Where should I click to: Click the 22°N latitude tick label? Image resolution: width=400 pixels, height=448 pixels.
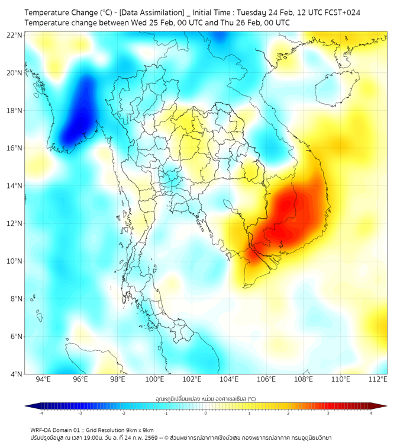click(15, 35)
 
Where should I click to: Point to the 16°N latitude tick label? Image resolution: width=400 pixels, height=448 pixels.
click(15, 148)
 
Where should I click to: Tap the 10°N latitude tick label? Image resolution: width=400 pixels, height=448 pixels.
click(15, 261)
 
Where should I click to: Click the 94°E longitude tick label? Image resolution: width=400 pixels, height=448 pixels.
click(43, 379)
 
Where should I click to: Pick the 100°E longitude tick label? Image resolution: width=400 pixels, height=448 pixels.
click(155, 379)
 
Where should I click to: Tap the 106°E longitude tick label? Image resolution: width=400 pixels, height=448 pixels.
click(267, 379)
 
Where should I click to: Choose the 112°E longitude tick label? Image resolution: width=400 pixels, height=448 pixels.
click(378, 379)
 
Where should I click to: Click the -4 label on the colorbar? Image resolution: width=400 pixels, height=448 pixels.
click(41, 414)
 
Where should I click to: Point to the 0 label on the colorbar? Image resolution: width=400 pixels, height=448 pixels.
click(206, 414)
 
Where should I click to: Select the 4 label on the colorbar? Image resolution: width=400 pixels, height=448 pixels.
click(370, 414)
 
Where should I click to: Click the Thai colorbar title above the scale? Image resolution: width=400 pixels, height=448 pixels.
click(205, 399)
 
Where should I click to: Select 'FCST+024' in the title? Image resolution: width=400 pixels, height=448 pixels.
click(342, 12)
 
